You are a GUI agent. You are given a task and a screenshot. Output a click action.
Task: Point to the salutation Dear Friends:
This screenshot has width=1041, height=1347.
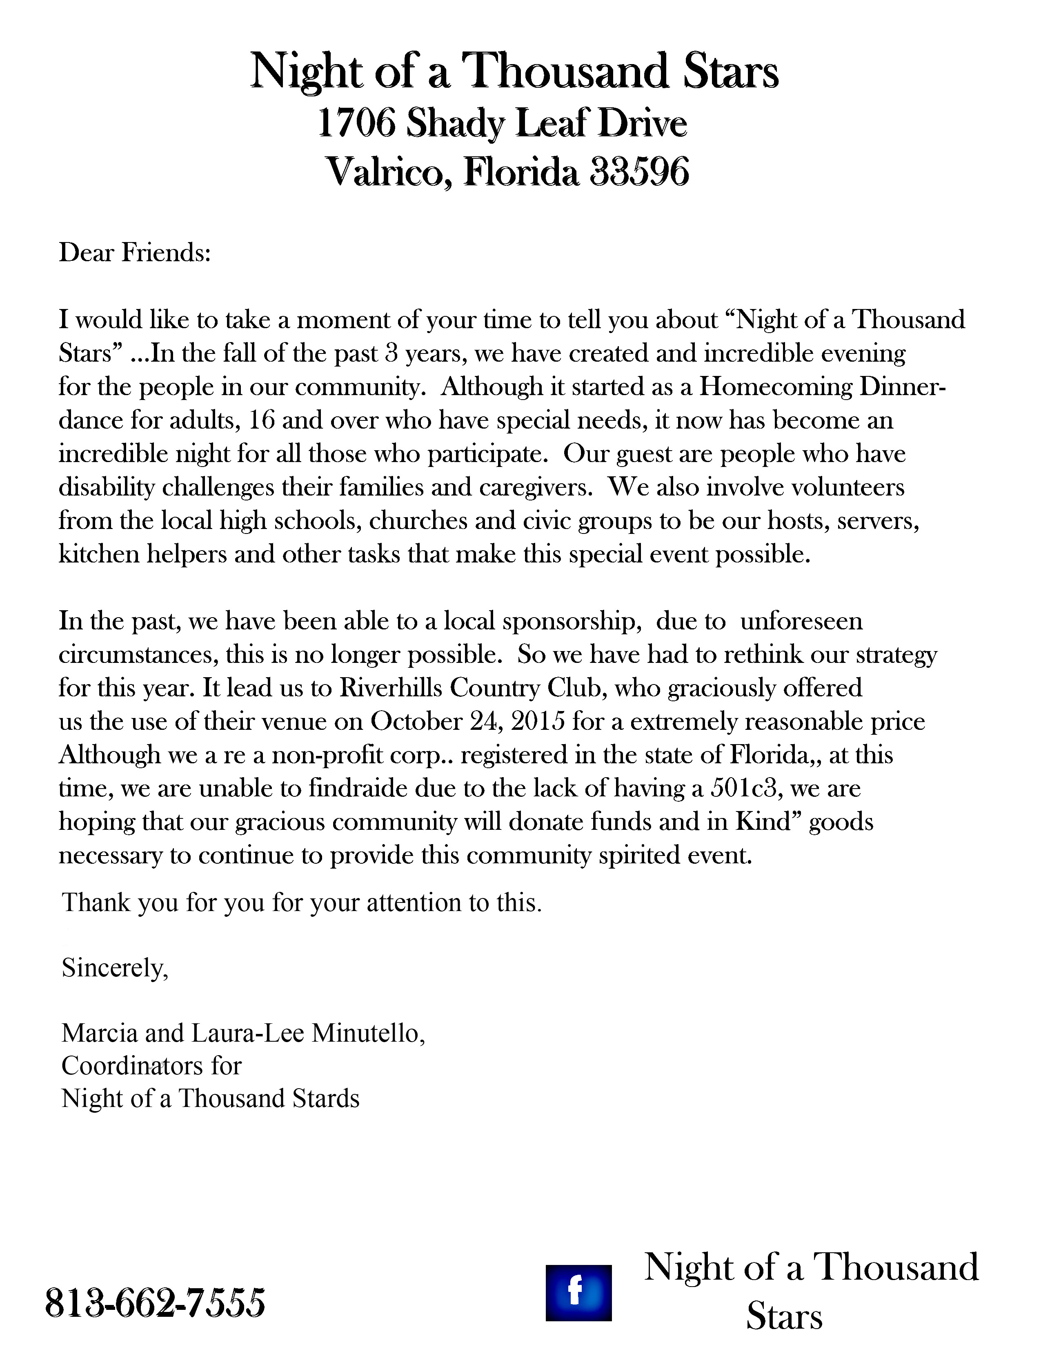tap(134, 253)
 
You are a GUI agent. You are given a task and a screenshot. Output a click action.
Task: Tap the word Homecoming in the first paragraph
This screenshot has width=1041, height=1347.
tap(775, 387)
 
